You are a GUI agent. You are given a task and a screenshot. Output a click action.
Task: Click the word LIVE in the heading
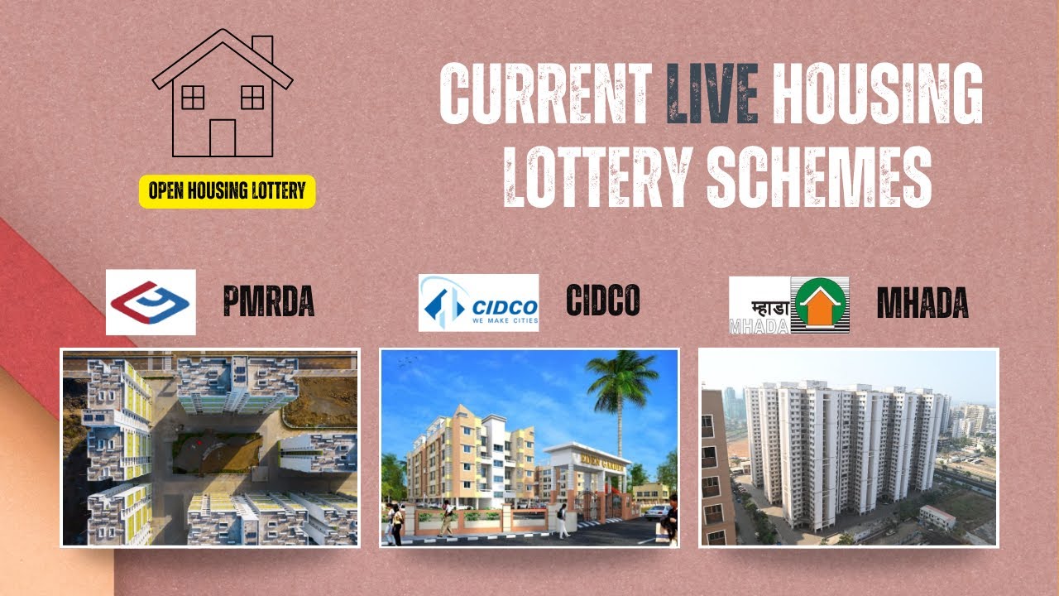tap(712, 94)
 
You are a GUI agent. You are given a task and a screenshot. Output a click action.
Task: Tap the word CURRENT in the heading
tap(546, 94)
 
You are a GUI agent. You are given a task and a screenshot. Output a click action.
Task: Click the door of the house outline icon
tap(223, 137)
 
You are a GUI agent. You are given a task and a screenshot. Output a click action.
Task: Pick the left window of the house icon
tap(193, 98)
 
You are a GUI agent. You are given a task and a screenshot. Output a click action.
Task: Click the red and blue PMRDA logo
tap(151, 302)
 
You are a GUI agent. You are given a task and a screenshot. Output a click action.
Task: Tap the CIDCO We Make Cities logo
tap(478, 303)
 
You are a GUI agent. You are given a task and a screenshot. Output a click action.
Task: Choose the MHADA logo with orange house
tap(788, 305)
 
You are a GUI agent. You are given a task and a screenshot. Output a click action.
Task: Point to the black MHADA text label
tap(922, 305)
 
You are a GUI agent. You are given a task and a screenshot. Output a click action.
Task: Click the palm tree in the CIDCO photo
tap(621, 389)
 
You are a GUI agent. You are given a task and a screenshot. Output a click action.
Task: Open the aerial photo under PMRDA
tap(210, 447)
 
